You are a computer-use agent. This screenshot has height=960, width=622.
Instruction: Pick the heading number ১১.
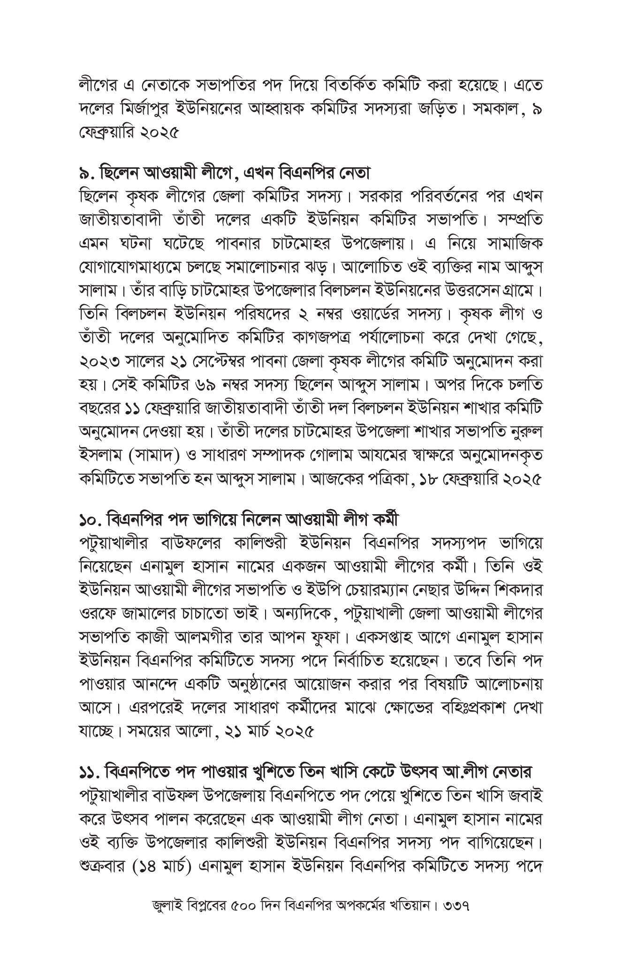click(87, 771)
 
